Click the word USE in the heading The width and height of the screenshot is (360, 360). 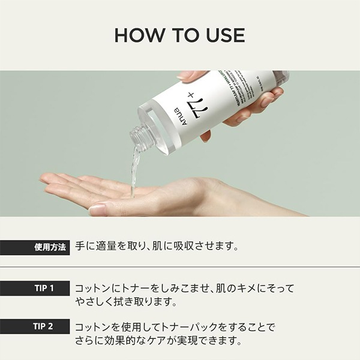(x=223, y=35)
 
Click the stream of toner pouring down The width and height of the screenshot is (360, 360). (x=134, y=171)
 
